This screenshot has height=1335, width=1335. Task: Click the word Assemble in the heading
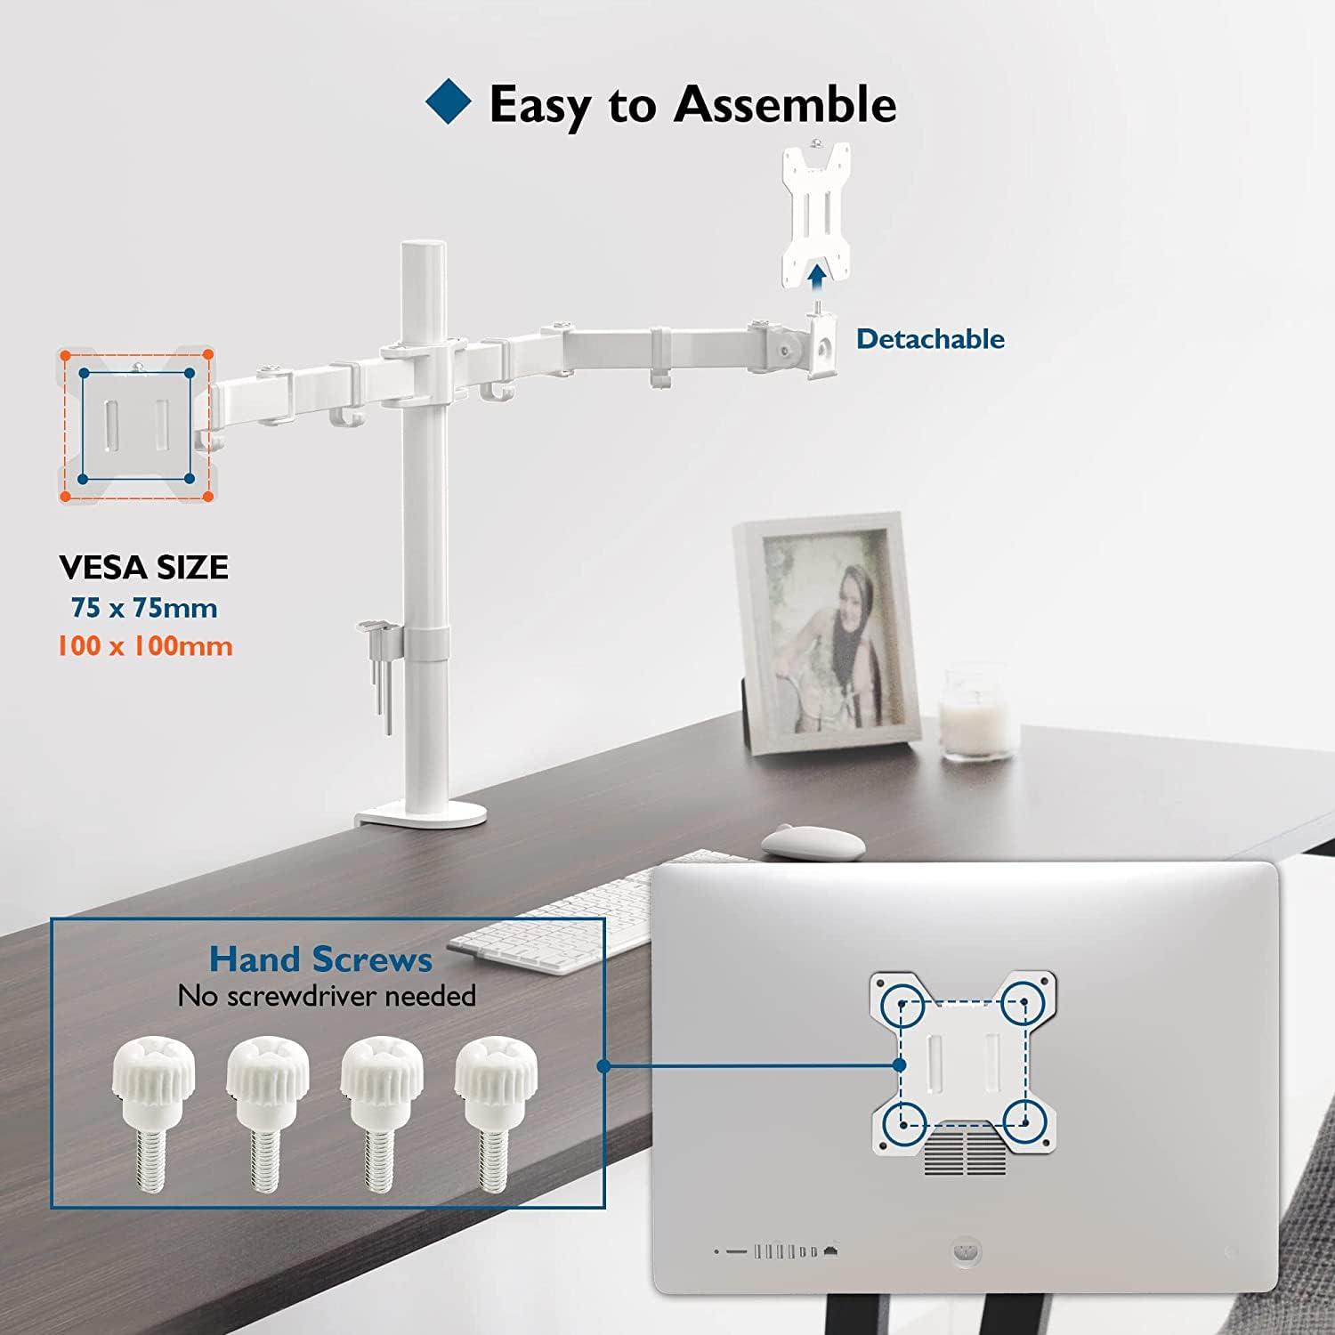click(785, 104)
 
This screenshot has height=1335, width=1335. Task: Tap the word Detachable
click(930, 339)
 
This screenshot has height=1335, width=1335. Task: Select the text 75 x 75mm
click(144, 608)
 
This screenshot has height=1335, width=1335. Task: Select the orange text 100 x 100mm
click(144, 645)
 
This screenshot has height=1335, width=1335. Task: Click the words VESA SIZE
click(144, 567)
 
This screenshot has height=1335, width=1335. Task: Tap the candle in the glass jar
click(977, 712)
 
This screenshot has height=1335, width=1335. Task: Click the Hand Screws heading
click(320, 959)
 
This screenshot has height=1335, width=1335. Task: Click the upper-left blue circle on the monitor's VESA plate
click(901, 1003)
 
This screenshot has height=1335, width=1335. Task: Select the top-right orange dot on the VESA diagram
click(207, 354)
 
